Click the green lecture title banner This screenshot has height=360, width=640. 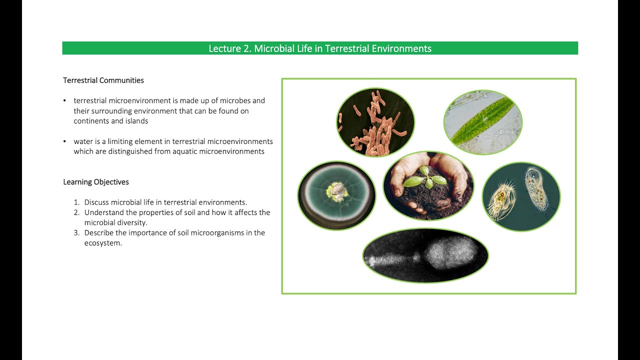coord(320,48)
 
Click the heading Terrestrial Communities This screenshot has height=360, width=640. coord(103,80)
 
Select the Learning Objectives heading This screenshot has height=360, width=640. coord(96,182)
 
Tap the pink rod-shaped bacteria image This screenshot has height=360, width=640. coord(375,122)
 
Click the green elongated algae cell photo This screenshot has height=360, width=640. coord(482,122)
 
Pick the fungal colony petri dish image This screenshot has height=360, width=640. coord(336,195)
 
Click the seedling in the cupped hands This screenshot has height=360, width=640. coord(425,177)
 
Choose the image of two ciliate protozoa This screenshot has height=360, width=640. coord(521,196)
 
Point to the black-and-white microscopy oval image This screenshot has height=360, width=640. coord(425,255)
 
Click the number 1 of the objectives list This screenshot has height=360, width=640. coord(76,202)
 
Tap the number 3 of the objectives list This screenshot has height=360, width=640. coord(76,233)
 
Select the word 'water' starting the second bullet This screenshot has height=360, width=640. coord(83,141)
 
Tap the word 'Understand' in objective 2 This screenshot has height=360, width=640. coord(104,212)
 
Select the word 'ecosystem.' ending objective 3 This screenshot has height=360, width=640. coord(103,243)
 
